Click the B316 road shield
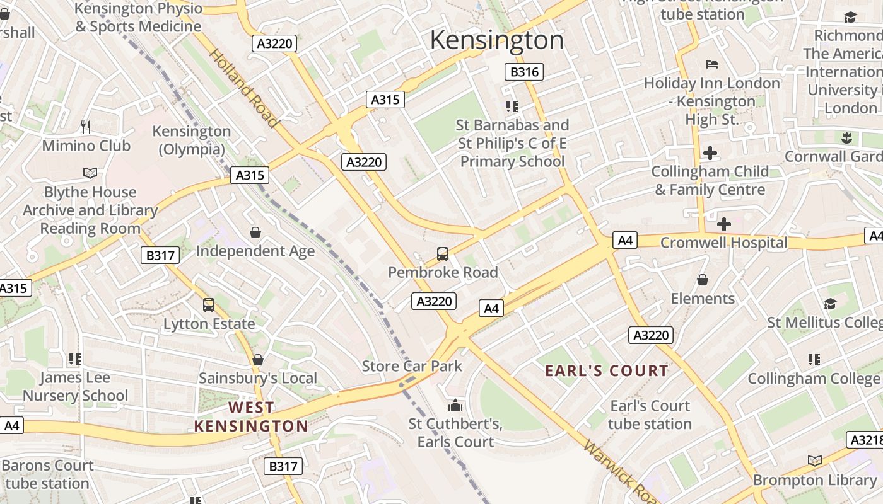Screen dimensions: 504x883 tap(524, 72)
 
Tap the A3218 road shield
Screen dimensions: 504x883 tap(865, 440)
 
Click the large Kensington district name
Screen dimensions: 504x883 tap(496, 40)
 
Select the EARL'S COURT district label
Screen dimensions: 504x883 tap(606, 370)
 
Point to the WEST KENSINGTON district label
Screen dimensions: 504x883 tap(251, 417)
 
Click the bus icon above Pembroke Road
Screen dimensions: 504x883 tap(443, 254)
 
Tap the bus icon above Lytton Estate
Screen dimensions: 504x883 tap(209, 305)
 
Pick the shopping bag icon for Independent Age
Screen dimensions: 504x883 tap(255, 232)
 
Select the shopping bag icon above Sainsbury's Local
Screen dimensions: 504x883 tap(257, 360)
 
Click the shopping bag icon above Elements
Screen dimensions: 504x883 tap(703, 280)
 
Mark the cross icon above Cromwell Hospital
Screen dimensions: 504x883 tap(724, 224)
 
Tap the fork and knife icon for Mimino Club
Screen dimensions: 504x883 tap(86, 127)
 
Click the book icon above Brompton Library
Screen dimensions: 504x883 tap(815, 461)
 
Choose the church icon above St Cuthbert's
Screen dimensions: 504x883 tap(455, 405)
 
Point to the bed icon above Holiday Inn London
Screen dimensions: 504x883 tap(712, 64)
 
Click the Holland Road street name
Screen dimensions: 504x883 tap(243, 88)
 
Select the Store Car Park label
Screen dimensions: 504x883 tap(412, 366)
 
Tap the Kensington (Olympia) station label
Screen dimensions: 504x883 tap(192, 140)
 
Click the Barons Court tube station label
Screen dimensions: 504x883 tap(47, 474)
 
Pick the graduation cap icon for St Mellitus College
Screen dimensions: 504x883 tap(830, 304)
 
